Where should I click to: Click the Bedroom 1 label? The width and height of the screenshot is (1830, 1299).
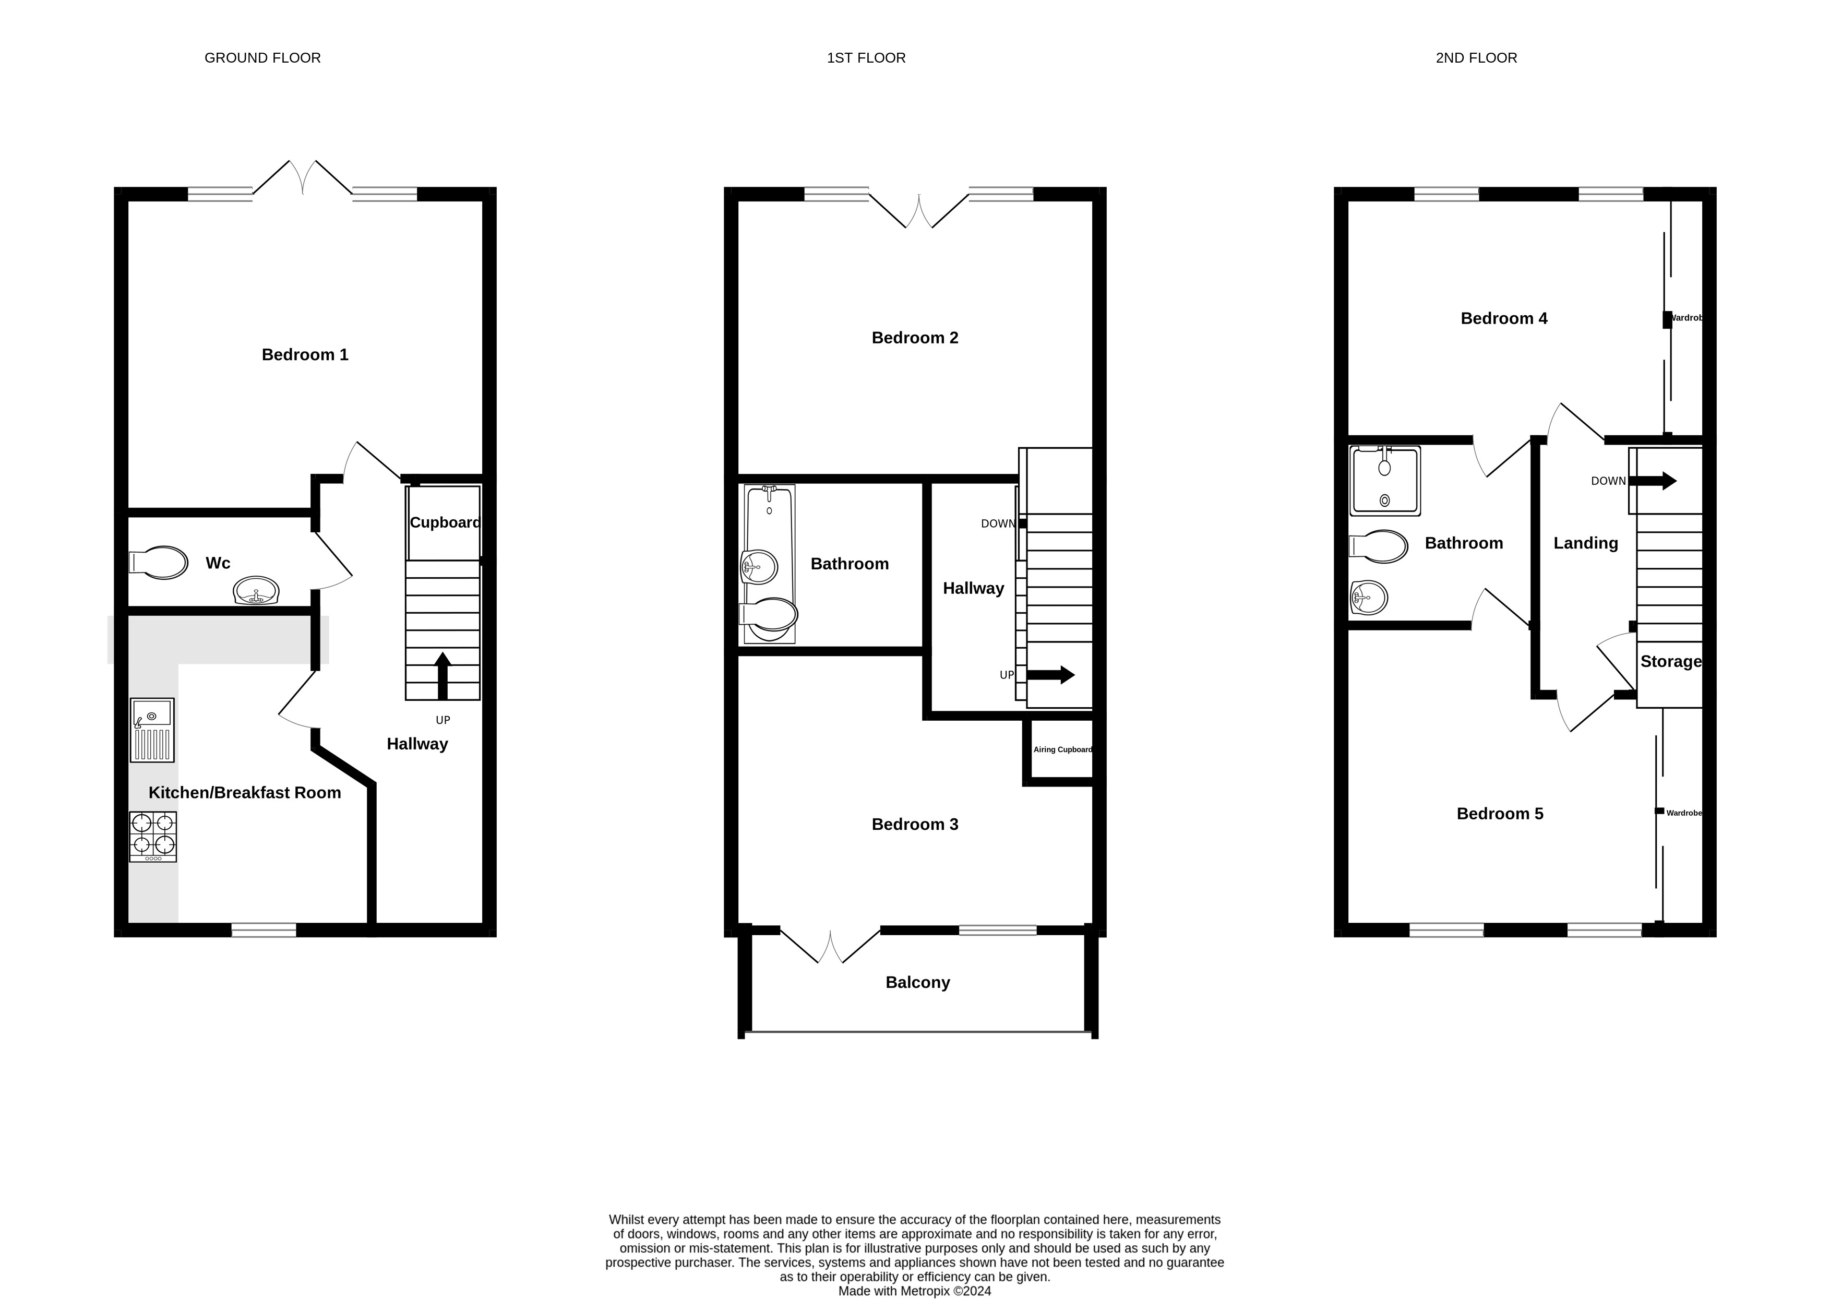(305, 354)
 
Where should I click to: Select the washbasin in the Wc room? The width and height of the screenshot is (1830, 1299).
(256, 591)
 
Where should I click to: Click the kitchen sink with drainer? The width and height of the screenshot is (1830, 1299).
(152, 730)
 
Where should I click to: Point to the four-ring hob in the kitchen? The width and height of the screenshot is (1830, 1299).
(153, 837)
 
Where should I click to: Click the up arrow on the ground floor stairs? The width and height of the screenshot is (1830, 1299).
(442, 676)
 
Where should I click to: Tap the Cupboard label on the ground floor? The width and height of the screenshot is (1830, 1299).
(445, 522)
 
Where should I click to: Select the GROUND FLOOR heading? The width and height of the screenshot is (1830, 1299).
(262, 57)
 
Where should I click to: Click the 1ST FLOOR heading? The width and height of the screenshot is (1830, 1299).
(866, 57)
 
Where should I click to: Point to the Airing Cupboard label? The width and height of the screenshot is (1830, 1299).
(1062, 749)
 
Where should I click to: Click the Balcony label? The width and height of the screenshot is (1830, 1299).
(917, 982)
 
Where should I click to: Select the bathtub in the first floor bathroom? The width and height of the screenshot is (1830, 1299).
(770, 564)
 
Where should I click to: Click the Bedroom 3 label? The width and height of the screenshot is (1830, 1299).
(915, 824)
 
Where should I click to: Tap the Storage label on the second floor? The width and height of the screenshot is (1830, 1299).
(1671, 661)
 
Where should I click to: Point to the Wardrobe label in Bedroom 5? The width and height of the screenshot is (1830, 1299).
(1684, 813)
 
